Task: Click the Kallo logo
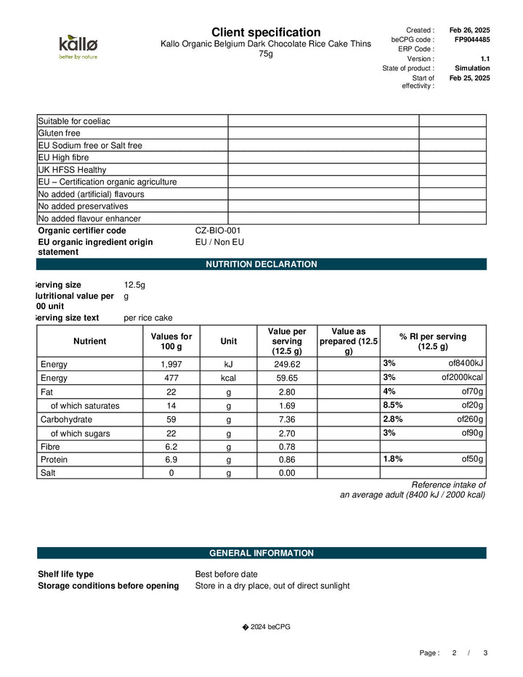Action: tap(78, 46)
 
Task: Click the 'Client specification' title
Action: tap(265, 32)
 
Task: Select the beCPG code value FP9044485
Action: tap(471, 39)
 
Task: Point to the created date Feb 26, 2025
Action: tap(469, 30)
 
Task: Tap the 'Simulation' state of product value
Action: tap(471, 68)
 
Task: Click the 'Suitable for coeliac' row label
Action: tap(74, 121)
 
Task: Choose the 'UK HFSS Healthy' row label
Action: tap(71, 169)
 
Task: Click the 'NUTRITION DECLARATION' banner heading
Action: tap(261, 264)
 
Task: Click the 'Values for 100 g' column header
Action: tap(171, 341)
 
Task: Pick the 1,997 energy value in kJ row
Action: tap(171, 364)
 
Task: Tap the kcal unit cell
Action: tap(228, 378)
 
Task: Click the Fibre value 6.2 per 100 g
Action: tap(171, 447)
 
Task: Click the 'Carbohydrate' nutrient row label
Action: tap(66, 419)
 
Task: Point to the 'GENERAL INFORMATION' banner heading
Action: tap(261, 553)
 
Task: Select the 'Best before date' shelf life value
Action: tap(226, 574)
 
